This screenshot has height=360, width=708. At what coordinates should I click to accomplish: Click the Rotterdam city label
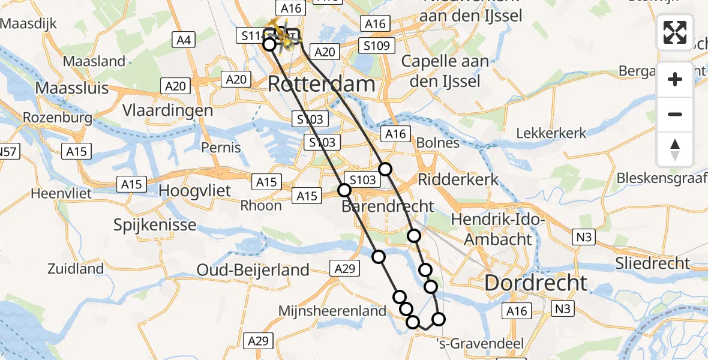[x=322, y=83]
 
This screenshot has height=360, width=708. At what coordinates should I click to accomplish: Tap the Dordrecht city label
[x=536, y=283]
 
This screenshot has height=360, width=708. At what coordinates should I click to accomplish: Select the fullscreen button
[x=675, y=32]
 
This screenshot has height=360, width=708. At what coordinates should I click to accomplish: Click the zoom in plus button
[x=675, y=79]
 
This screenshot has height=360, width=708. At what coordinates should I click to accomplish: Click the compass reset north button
[x=675, y=149]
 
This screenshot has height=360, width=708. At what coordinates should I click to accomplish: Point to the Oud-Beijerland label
[x=253, y=271]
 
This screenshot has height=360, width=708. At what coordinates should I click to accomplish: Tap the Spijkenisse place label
[x=155, y=225]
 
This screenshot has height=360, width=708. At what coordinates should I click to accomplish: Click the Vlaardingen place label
[x=167, y=110]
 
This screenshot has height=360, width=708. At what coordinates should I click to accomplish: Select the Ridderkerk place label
[x=458, y=179]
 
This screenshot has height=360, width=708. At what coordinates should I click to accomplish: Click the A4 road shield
[x=183, y=40]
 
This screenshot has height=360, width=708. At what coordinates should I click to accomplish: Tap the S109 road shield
[x=376, y=45]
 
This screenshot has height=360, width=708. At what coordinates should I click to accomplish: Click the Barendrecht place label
[x=388, y=206]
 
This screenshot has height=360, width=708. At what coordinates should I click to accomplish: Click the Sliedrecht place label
[x=653, y=263]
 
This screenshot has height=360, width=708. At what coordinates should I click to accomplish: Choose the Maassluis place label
[x=72, y=88]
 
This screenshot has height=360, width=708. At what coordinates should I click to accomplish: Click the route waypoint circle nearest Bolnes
[x=385, y=169]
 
